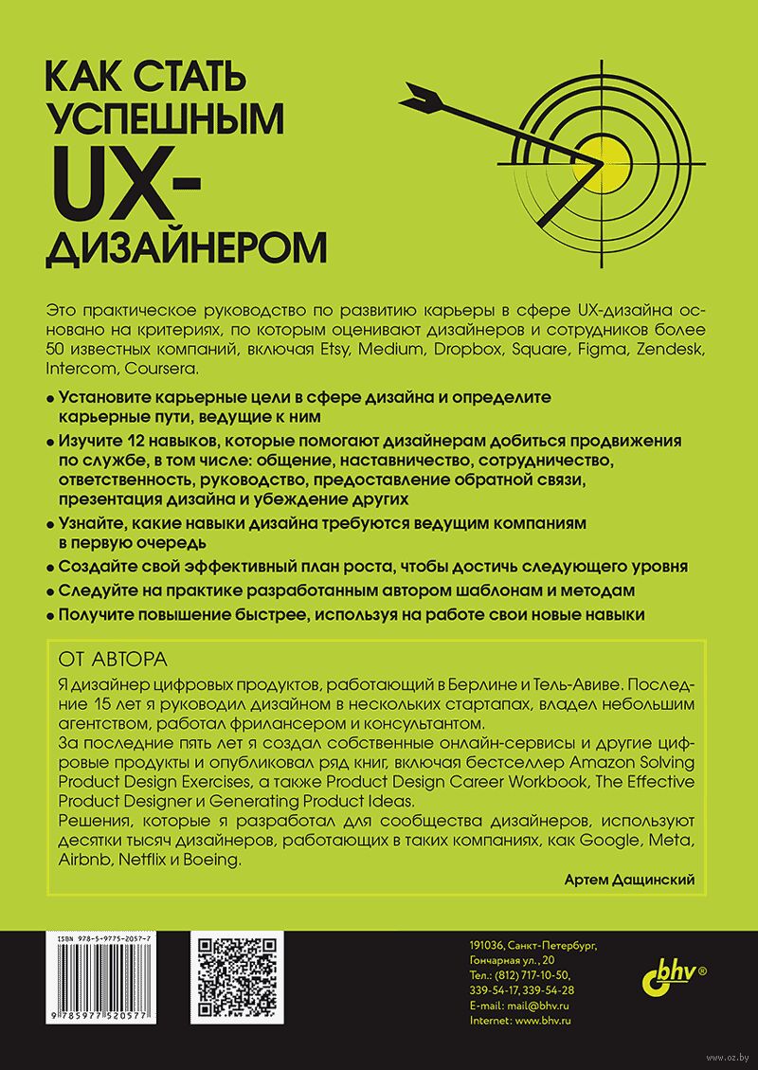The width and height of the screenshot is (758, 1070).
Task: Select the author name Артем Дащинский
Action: point(628,880)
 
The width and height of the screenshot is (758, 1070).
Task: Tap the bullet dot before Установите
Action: point(49,397)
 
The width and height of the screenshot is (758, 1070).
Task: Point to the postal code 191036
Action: point(486,945)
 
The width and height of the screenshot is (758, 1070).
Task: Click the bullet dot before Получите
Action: point(49,615)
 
